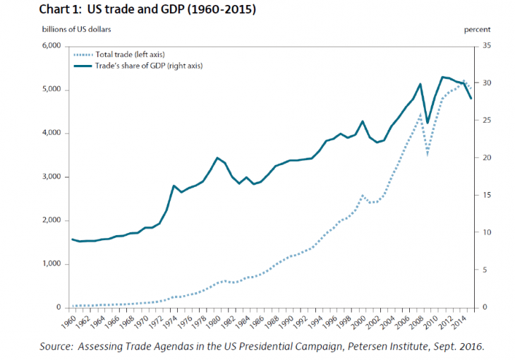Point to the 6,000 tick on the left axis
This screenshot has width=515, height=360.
(x=54, y=47)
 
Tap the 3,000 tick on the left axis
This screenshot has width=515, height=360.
(x=54, y=177)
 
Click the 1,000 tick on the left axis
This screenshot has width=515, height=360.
(x=54, y=264)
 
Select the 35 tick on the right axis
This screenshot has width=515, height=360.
(x=485, y=47)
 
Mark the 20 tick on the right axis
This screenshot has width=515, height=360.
(x=485, y=158)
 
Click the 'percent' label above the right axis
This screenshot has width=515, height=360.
(x=477, y=30)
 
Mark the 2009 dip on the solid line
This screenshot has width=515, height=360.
(x=428, y=123)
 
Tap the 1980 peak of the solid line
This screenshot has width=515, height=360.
(x=217, y=157)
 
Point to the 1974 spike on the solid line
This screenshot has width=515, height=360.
(x=174, y=186)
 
